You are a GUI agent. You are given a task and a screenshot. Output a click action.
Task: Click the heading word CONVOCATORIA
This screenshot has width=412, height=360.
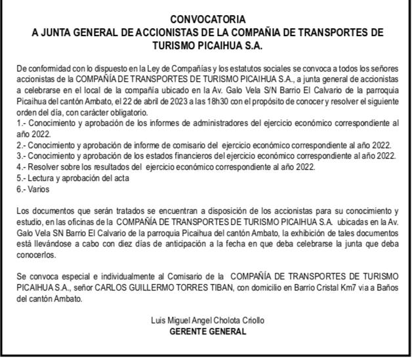206,20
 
